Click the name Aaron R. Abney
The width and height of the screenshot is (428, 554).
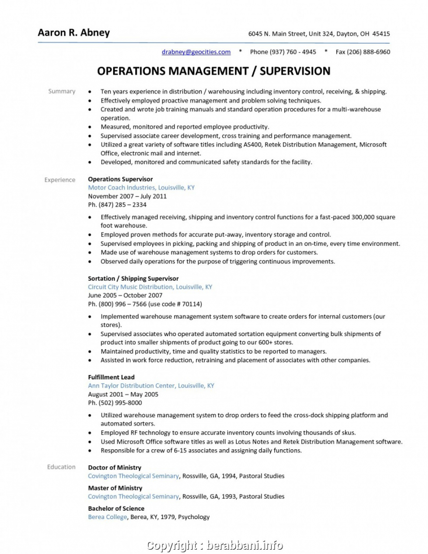pyautogui.click(x=74, y=33)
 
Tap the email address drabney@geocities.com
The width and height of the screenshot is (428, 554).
pyautogui.click(x=196, y=52)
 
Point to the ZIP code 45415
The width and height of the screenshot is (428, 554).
pyautogui.click(x=381, y=34)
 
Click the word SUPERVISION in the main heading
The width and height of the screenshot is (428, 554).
pyautogui.click(x=295, y=71)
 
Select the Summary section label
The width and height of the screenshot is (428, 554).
pyautogui.click(x=62, y=91)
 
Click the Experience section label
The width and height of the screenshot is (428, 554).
pyautogui.click(x=60, y=180)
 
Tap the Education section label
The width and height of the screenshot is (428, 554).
pyautogui.click(x=61, y=467)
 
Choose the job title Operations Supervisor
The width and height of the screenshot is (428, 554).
pyautogui.click(x=120, y=179)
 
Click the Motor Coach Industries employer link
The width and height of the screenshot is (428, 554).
pyautogui.click(x=141, y=188)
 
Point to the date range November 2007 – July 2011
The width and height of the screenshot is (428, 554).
pyautogui.click(x=127, y=196)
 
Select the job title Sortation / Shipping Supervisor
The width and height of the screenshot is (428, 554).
pyautogui.click(x=133, y=278)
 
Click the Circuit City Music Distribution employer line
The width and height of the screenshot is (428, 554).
pyautogui.click(x=150, y=287)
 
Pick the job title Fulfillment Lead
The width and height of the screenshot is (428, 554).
pyautogui.click(x=111, y=377)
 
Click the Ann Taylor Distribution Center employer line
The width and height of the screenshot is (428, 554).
pyautogui.click(x=151, y=386)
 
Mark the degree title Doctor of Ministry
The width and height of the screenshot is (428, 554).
pyautogui.click(x=115, y=468)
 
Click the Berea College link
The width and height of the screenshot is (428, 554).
pyautogui.click(x=107, y=517)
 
